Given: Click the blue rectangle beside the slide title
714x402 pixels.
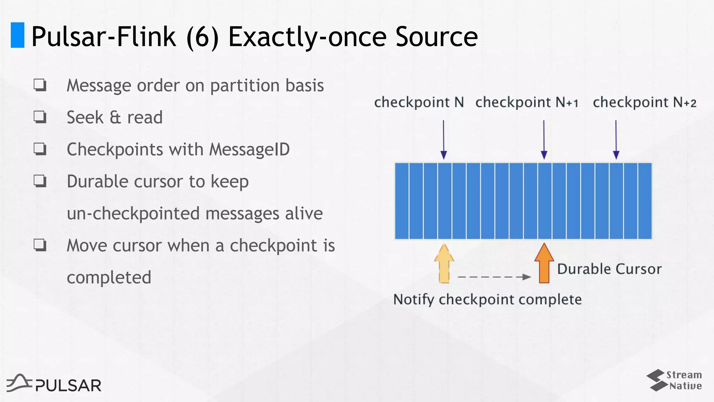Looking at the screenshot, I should click(17, 35).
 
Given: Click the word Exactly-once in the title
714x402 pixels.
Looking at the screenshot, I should click(307, 37).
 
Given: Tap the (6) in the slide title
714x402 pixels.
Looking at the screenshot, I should click(203, 37).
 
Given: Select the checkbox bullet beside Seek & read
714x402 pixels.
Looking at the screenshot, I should click(40, 117).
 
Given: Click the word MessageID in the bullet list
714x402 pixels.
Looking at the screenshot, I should click(249, 149).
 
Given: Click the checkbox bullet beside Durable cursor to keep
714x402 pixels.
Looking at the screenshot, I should click(40, 181).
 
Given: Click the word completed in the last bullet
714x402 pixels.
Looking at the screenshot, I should click(109, 277).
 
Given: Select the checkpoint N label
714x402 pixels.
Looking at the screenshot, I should click(419, 102).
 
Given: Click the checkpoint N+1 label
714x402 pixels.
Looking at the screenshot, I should click(526, 102).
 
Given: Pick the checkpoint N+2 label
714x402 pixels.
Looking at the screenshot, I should click(644, 102).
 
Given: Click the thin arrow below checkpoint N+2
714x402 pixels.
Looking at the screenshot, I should click(616, 140).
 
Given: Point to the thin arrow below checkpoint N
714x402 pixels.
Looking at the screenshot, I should click(443, 140).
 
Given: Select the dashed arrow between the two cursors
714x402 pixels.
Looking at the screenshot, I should click(494, 277).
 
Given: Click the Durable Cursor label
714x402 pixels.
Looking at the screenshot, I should click(609, 269).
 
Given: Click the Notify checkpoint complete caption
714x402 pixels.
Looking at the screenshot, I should click(487, 299).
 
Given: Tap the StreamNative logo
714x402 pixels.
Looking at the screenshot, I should click(674, 380).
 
